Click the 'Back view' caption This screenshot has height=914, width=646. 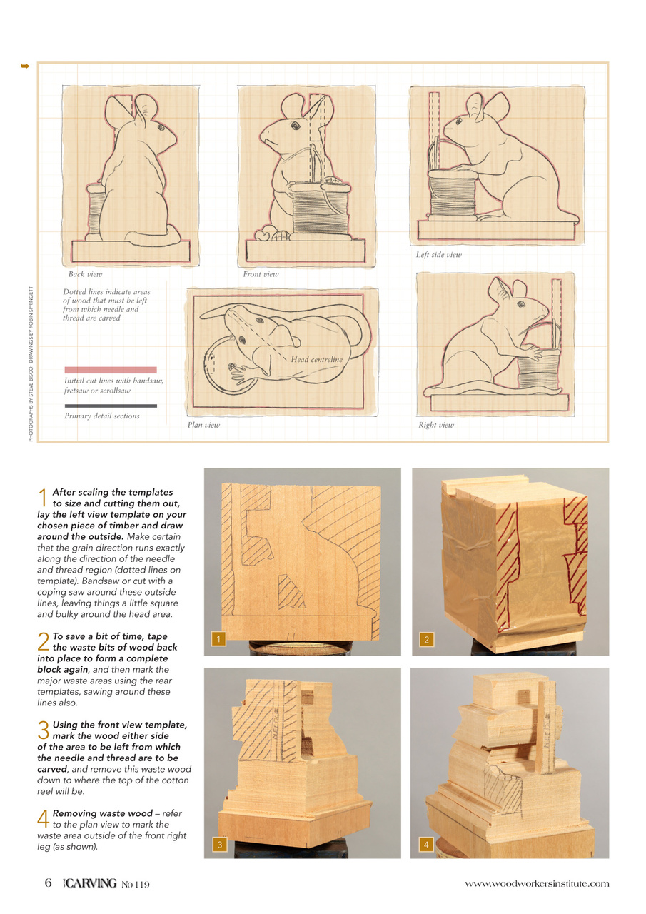pyautogui.click(x=85, y=274)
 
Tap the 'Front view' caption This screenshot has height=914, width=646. pyautogui.click(x=261, y=274)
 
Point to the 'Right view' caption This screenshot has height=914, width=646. pyautogui.click(x=436, y=425)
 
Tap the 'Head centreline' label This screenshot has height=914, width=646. pyautogui.click(x=316, y=360)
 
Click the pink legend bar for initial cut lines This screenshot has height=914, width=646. pyautogui.click(x=110, y=370)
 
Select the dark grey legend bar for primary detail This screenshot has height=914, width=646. pyautogui.click(x=110, y=406)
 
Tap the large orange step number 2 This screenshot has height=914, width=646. pyautogui.click(x=43, y=641)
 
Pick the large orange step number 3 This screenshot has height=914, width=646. pyautogui.click(x=43, y=730)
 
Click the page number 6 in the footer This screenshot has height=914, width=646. pyautogui.click(x=48, y=883)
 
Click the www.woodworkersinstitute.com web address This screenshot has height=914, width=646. pyautogui.click(x=537, y=884)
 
